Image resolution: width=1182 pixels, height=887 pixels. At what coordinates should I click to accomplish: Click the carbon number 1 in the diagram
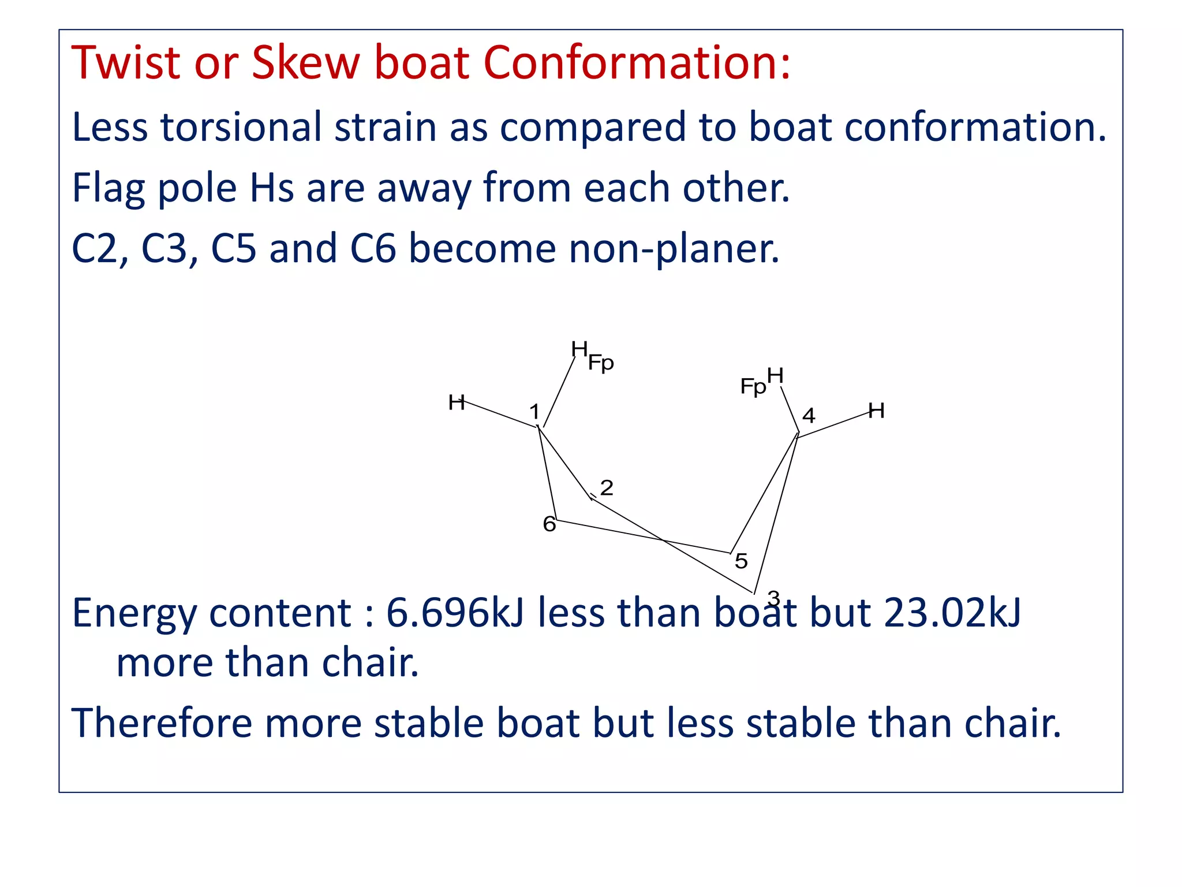coord(534,412)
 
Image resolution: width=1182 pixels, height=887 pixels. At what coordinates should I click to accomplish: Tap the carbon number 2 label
coord(607,488)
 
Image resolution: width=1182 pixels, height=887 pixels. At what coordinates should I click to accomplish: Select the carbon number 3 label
coord(773,599)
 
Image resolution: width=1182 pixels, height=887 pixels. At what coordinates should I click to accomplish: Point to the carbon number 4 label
coord(809,416)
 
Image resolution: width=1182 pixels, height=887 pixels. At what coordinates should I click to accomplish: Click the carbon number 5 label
coord(741,561)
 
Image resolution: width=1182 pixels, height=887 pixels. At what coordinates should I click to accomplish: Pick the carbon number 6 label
coord(549,524)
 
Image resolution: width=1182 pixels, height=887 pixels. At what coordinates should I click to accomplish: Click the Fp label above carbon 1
coord(601,363)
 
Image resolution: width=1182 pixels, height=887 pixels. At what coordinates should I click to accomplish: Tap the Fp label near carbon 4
coord(753,386)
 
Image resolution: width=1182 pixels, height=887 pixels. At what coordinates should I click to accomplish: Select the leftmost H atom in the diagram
coord(456,402)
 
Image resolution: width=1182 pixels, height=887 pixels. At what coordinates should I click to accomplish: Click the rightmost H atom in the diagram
coord(876,411)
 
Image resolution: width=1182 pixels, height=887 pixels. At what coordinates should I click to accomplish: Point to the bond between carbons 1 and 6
coord(547,474)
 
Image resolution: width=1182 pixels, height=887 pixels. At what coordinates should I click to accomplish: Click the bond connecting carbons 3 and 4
coord(776,514)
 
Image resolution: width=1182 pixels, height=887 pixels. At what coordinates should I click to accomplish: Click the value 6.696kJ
coord(454,613)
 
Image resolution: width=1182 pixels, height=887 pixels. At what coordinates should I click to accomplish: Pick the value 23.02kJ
coord(952,613)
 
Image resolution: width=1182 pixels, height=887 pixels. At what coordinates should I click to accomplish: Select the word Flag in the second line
coord(108,188)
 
